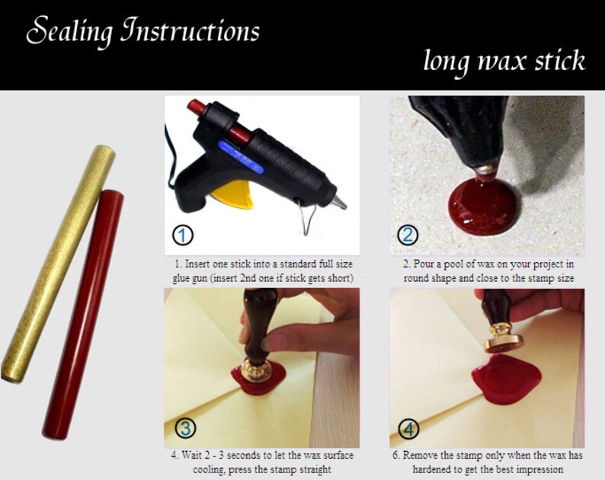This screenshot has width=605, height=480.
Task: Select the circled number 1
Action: click(183, 235)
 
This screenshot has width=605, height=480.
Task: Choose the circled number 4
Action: click(408, 428)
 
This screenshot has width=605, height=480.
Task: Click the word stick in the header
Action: click(555, 60)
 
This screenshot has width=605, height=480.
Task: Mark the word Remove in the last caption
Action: click(425, 455)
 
